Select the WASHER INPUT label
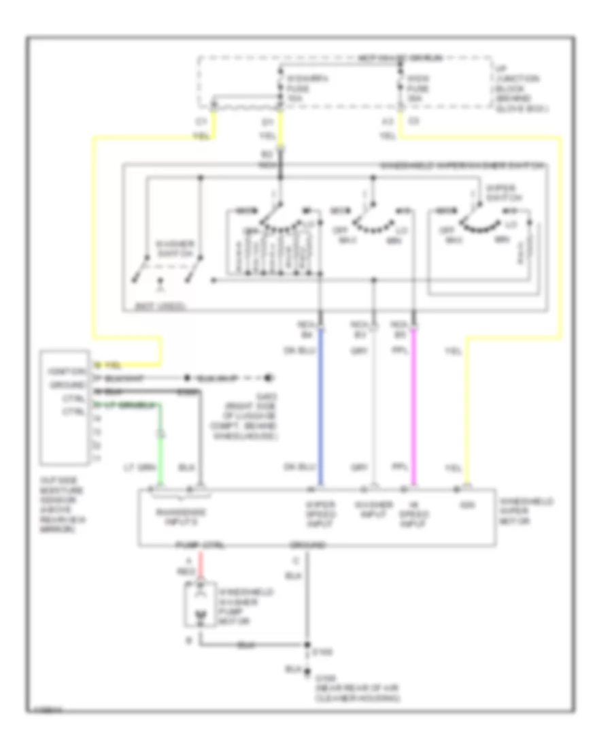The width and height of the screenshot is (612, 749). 373,509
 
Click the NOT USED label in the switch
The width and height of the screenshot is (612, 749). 154,307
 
